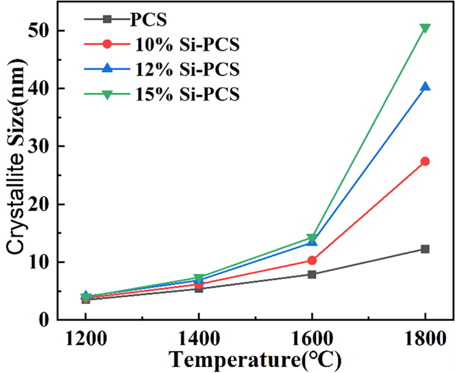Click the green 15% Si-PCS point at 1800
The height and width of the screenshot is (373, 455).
pyautogui.click(x=425, y=28)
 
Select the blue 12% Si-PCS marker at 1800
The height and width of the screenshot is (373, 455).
pyautogui.click(x=425, y=87)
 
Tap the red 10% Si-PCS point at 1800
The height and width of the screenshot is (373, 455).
pyautogui.click(x=425, y=161)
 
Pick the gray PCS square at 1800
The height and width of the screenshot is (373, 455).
pyautogui.click(x=425, y=249)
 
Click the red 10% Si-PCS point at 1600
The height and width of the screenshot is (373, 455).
pyautogui.click(x=312, y=261)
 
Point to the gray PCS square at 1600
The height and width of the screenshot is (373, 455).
pyautogui.click(x=312, y=274)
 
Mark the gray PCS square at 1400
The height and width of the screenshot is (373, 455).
pyautogui.click(x=199, y=289)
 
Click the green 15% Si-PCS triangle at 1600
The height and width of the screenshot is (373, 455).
pyautogui.click(x=312, y=238)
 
